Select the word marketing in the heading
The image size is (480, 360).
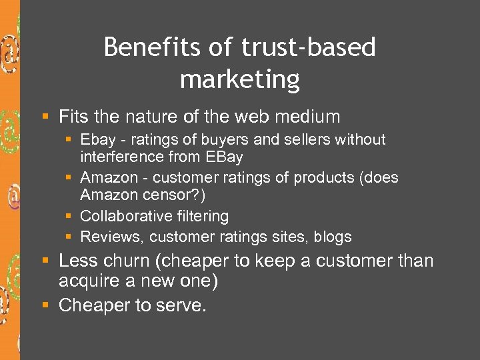click(240, 80)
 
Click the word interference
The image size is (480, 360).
click(117, 157)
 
